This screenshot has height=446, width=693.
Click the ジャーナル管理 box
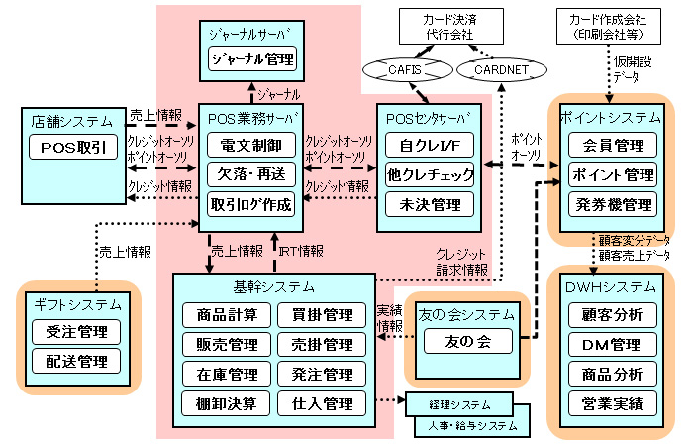(251, 58)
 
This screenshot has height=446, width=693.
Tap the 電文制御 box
(250, 146)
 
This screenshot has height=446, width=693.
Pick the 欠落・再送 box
(250, 175)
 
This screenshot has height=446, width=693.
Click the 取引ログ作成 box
(250, 205)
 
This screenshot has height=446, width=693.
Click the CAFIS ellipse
(398, 69)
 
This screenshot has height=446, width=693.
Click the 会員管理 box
(612, 146)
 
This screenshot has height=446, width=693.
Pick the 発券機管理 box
(612, 205)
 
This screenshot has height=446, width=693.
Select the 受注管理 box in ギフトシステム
(75, 331)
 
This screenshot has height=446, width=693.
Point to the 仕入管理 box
(323, 403)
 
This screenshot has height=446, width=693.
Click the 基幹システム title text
(275, 287)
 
